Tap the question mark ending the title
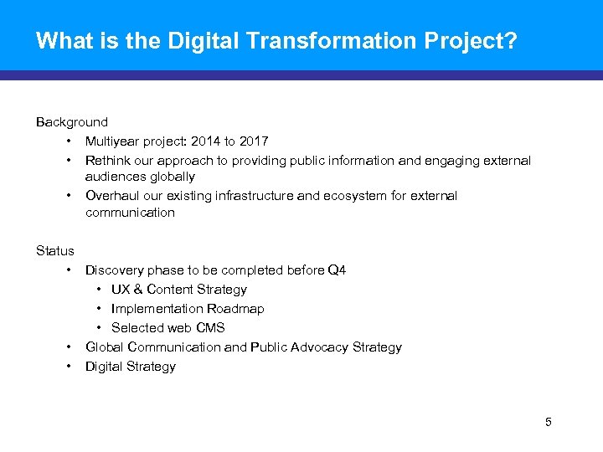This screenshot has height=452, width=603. [x=510, y=40]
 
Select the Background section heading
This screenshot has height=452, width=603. [x=72, y=122]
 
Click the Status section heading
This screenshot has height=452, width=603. [x=55, y=250]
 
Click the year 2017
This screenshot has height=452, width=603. [x=253, y=141]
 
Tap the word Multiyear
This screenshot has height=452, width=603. [x=113, y=141]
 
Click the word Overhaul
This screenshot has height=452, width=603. [x=111, y=195]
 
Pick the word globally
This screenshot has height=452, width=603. [x=173, y=177]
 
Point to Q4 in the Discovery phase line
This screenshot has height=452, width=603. [x=337, y=270]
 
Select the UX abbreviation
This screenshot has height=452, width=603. [x=121, y=289]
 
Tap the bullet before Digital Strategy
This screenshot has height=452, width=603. [x=66, y=366]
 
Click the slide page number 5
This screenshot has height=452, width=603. [x=549, y=422]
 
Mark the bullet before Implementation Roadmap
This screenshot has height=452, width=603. [x=100, y=308]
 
